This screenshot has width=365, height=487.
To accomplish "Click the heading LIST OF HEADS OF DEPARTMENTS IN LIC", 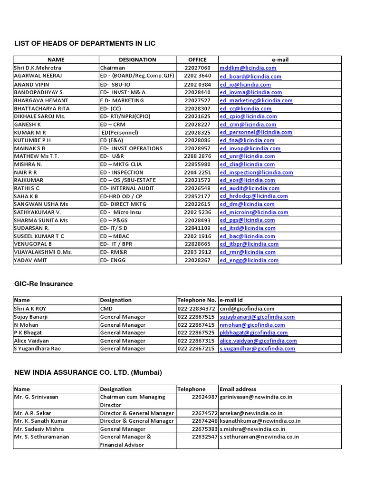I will point(85,44).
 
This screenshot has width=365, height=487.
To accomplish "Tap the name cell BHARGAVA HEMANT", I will point(41,100).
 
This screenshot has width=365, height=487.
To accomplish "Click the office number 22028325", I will point(197,132).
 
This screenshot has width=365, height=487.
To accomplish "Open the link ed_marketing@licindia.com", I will point(256,100).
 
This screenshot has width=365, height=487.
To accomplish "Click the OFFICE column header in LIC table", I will point(197,60).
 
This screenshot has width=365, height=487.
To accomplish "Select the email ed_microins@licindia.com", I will point(253,212).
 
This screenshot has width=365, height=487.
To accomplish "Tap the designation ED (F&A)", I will point(112,140).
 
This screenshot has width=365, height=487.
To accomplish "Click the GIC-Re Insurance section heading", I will point(44,284).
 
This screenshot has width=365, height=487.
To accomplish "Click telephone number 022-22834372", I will point(197,309).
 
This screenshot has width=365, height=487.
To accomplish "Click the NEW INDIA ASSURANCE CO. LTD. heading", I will point(88,372).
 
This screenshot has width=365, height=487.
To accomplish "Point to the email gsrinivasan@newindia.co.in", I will point(256,397).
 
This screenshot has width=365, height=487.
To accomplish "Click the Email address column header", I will point(238,389).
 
